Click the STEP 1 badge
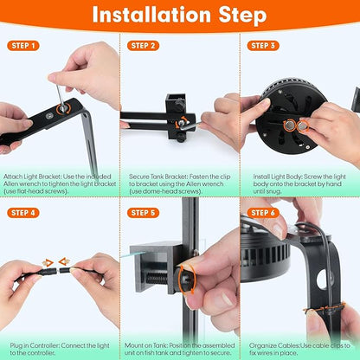click(24, 45)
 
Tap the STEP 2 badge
click(144, 45)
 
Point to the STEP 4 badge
click(24, 212)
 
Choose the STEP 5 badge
click(144, 212)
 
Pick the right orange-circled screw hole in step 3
click(303, 125)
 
